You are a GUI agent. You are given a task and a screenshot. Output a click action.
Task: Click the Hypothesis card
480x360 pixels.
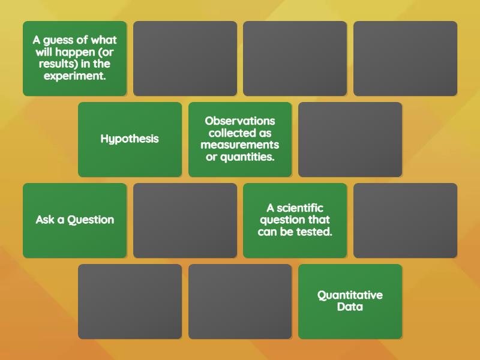coord(130,139)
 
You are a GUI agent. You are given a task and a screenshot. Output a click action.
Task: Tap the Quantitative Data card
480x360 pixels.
coord(350,301)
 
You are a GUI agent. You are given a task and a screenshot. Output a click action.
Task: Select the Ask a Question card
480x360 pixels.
coord(74,220)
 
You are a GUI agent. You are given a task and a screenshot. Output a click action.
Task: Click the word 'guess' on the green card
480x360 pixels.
coord(59,40)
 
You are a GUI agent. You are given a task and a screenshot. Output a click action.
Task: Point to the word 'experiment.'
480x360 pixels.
coord(75,76)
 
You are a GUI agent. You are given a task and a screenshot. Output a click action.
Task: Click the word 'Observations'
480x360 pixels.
coord(240,121)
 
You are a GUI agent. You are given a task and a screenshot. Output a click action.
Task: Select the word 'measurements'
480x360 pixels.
coord(240,145)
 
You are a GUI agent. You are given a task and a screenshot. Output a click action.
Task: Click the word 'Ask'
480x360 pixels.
coord(45,220)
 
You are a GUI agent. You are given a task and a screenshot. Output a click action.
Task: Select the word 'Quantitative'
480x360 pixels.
coord(350,295)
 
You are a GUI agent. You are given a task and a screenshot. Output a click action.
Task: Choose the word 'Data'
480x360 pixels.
coord(350,307)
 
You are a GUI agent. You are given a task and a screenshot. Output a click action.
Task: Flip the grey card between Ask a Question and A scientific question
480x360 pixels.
coord(185,220)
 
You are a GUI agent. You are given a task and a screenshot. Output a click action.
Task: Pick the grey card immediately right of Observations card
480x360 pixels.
coord(350,139)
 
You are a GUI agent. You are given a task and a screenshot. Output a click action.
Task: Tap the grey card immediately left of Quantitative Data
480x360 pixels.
coord(240,301)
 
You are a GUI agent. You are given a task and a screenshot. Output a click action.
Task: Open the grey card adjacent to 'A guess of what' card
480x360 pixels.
coord(185,58)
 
